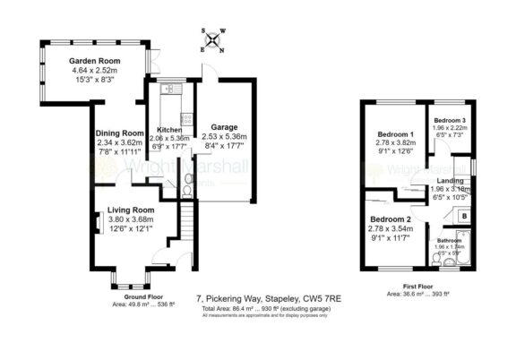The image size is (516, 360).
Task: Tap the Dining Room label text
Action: [x=120, y=133]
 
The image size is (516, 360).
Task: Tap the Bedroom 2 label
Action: [x=391, y=219]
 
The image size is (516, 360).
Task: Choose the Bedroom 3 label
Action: [x=451, y=120]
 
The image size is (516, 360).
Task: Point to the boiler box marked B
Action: [x=465, y=216]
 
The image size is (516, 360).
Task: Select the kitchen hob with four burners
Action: [x=186, y=116]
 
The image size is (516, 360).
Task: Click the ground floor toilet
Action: [x=186, y=190]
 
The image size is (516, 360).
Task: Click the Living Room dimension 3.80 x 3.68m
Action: [x=131, y=219]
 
